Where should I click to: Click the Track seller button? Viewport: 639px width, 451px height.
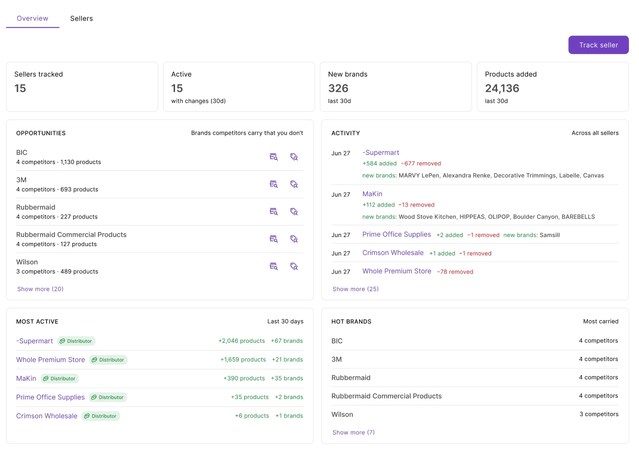tap(598, 45)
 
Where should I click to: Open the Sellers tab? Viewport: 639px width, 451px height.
tap(81, 18)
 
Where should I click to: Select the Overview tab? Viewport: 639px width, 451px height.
tap(33, 18)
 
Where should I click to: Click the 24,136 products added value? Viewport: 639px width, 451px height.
tap(502, 88)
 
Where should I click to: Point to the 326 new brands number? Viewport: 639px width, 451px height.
tap(339, 88)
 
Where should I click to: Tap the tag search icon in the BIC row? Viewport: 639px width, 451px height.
tap(294, 157)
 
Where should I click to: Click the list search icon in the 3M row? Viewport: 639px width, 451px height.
tap(273, 184)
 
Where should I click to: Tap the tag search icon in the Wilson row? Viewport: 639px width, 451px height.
tap(294, 266)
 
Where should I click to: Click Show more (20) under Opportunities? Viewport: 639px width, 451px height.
tap(40, 289)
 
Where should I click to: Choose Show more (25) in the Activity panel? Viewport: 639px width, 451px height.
tap(356, 289)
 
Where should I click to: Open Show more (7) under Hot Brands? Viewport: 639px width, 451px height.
tap(354, 432)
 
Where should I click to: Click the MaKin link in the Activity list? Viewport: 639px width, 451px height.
tap(372, 194)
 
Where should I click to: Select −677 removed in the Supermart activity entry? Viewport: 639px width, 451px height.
tap(421, 163)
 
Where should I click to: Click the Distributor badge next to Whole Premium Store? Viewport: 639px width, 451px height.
tap(108, 360)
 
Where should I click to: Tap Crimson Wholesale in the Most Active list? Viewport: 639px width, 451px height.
tap(47, 416)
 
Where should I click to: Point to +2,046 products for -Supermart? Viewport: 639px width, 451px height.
tap(242, 341)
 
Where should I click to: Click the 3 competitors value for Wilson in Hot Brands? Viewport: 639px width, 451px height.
tap(599, 414)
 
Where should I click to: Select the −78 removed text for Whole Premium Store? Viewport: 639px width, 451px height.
tap(455, 272)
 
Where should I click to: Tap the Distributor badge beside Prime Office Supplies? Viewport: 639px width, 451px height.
tap(108, 397)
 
